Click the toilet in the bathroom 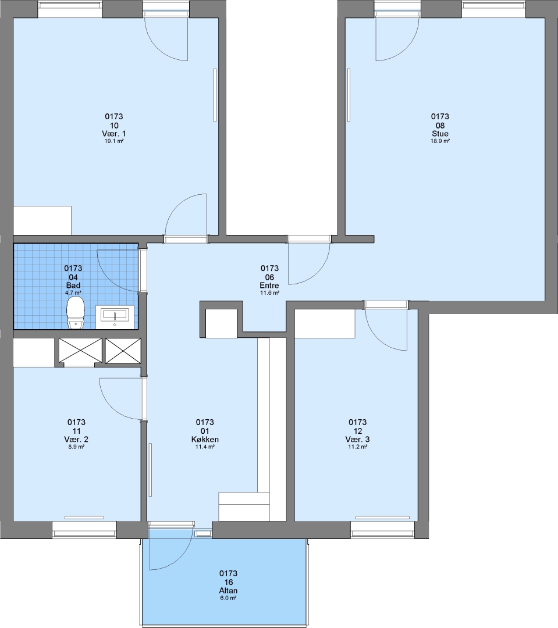(x=76, y=312)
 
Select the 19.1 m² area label (x=114, y=141)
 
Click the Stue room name (x=440, y=133)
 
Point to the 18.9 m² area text (x=440, y=141)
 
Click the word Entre (x=269, y=286)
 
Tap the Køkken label (x=205, y=440)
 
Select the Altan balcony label (x=228, y=591)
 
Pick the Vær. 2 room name (x=76, y=440)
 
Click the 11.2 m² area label (x=358, y=447)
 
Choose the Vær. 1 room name (x=114, y=133)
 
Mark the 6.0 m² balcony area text (x=228, y=598)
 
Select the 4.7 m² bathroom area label (x=73, y=292)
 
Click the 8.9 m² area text (x=76, y=447)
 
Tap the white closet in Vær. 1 (x=42, y=220)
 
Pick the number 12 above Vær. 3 (x=358, y=431)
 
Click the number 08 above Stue (x=440, y=126)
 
